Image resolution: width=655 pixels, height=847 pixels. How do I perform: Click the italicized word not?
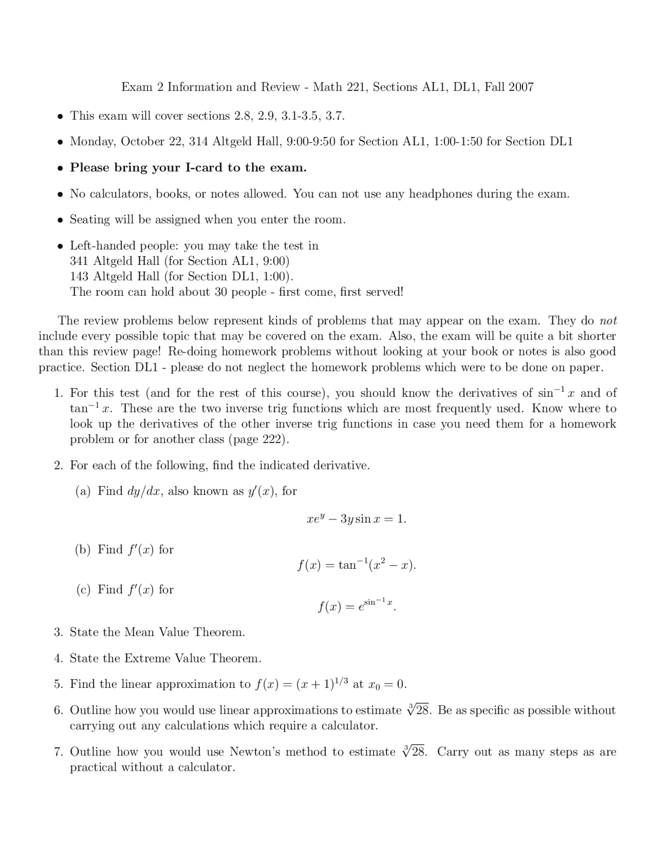click(608, 321)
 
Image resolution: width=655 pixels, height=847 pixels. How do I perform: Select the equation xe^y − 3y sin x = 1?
click(356, 519)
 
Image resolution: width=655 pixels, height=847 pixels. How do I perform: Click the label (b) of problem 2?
click(83, 549)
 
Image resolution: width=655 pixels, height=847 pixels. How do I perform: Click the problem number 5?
click(58, 684)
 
